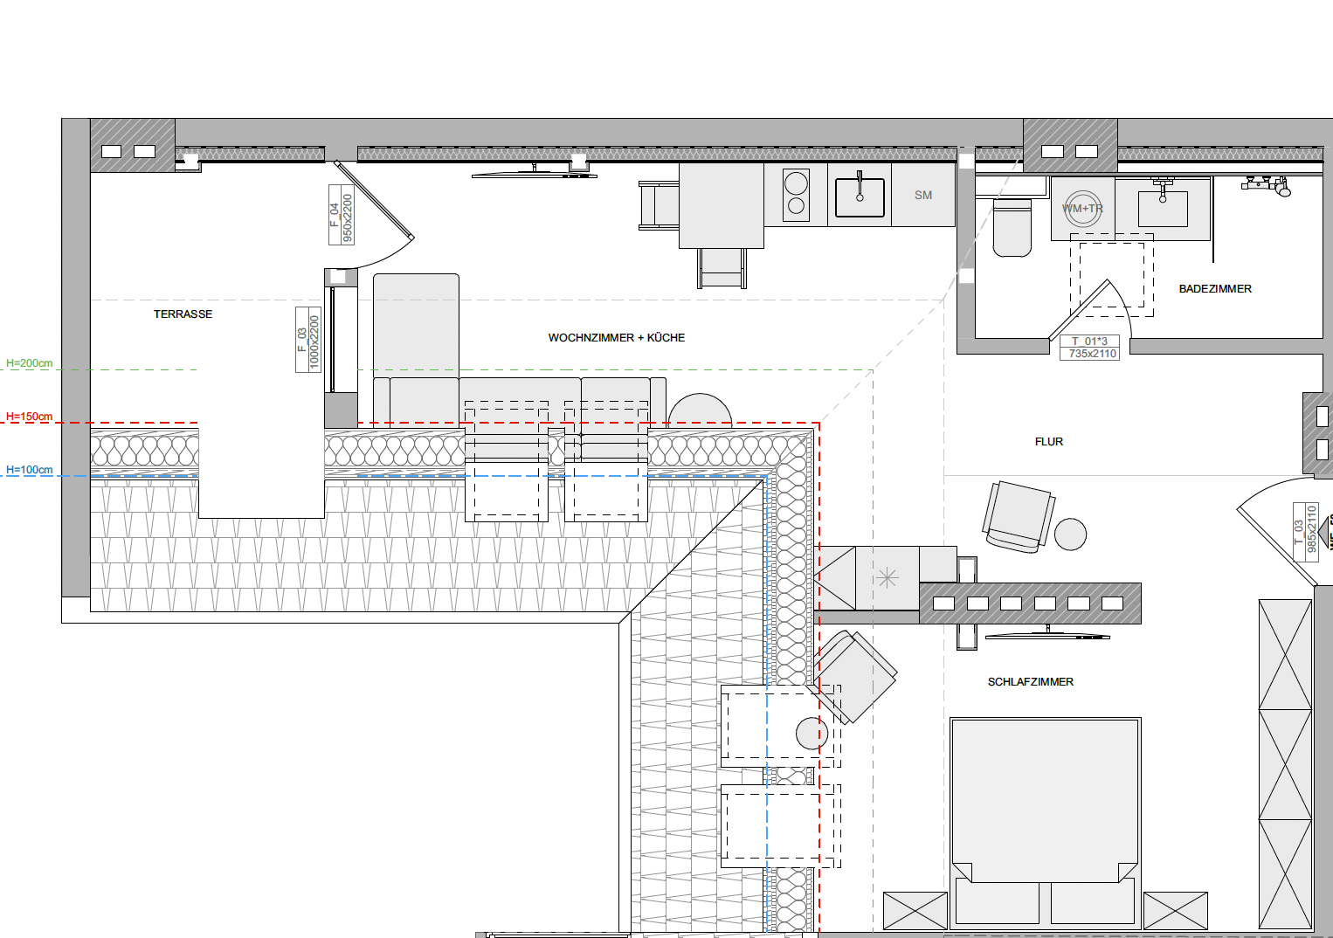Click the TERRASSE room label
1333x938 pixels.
tap(183, 314)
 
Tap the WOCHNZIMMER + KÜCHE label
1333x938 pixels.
tap(617, 338)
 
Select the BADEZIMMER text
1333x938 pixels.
tap(1215, 289)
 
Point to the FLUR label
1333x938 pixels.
tap(1048, 442)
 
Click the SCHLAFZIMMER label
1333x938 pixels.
tap(1031, 682)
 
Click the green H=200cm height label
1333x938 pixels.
tap(29, 362)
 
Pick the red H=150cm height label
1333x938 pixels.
tap(29, 417)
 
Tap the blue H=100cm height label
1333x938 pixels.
tap(29, 470)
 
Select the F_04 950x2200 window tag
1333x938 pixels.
tap(342, 215)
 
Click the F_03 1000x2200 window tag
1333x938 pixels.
tap(308, 340)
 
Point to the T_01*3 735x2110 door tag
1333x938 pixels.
tap(1089, 348)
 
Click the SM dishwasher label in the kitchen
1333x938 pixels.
tap(923, 195)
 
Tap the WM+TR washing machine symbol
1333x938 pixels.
tap(1082, 209)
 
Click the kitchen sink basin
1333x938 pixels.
tap(860, 197)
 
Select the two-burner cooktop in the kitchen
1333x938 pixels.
tap(797, 195)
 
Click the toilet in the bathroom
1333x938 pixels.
tap(1012, 228)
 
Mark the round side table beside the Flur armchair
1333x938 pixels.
tap(1070, 535)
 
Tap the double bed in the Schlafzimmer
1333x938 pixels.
tap(1045, 824)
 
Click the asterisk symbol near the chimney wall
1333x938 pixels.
tap(887, 577)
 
